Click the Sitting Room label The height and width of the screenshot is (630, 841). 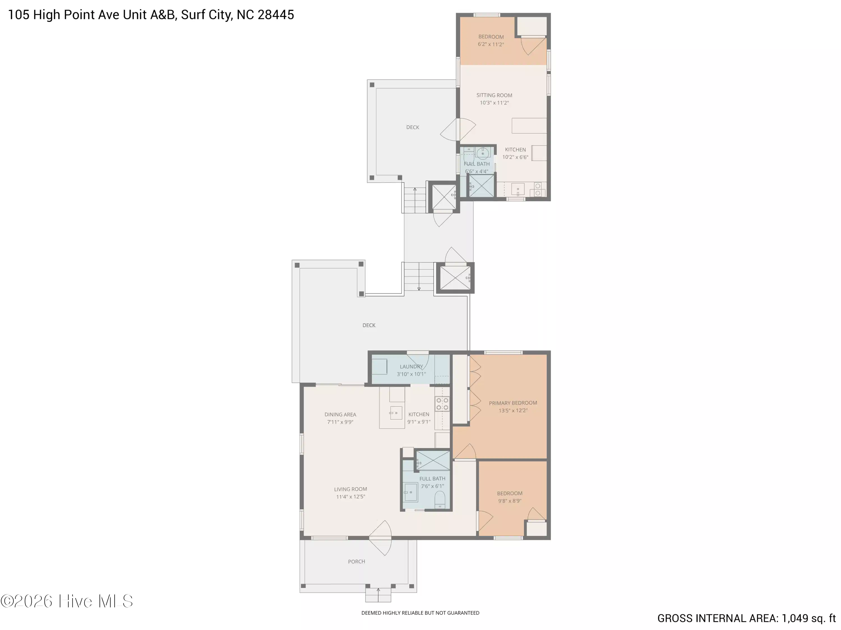point(494,95)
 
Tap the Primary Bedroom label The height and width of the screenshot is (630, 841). point(513,403)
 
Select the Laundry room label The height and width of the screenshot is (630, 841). point(411,367)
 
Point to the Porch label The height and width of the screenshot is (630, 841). point(356,561)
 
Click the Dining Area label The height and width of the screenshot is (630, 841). point(340,414)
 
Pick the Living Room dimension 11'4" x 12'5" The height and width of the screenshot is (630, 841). point(350,497)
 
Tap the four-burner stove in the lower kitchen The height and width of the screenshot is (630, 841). point(442,404)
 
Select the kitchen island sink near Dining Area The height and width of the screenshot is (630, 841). point(396,413)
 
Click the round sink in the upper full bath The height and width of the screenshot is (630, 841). point(482,153)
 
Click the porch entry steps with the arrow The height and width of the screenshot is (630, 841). point(378,595)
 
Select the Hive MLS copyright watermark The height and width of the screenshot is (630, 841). point(67,601)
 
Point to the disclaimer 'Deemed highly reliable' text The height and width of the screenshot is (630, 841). point(420,613)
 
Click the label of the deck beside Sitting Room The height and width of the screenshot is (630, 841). point(413,127)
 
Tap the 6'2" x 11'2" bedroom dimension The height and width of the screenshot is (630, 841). point(491,45)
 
